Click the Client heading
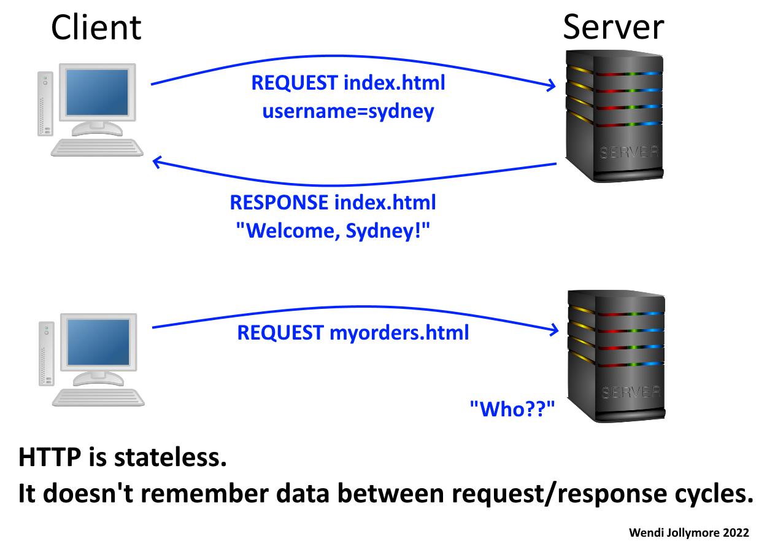[96, 28]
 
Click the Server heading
[613, 28]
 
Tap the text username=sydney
[348, 112]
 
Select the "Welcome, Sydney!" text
[333, 232]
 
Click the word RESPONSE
[279, 203]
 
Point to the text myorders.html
[399, 333]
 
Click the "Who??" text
[512, 408]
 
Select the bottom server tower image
[615, 356]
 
